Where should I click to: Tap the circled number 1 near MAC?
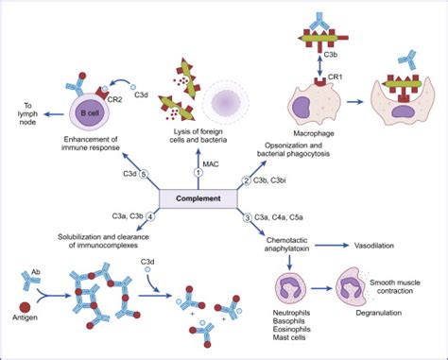coord(198,173)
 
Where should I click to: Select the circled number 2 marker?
coord(246,180)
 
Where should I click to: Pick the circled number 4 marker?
coord(150,218)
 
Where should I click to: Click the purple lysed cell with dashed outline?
coord(233,100)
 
